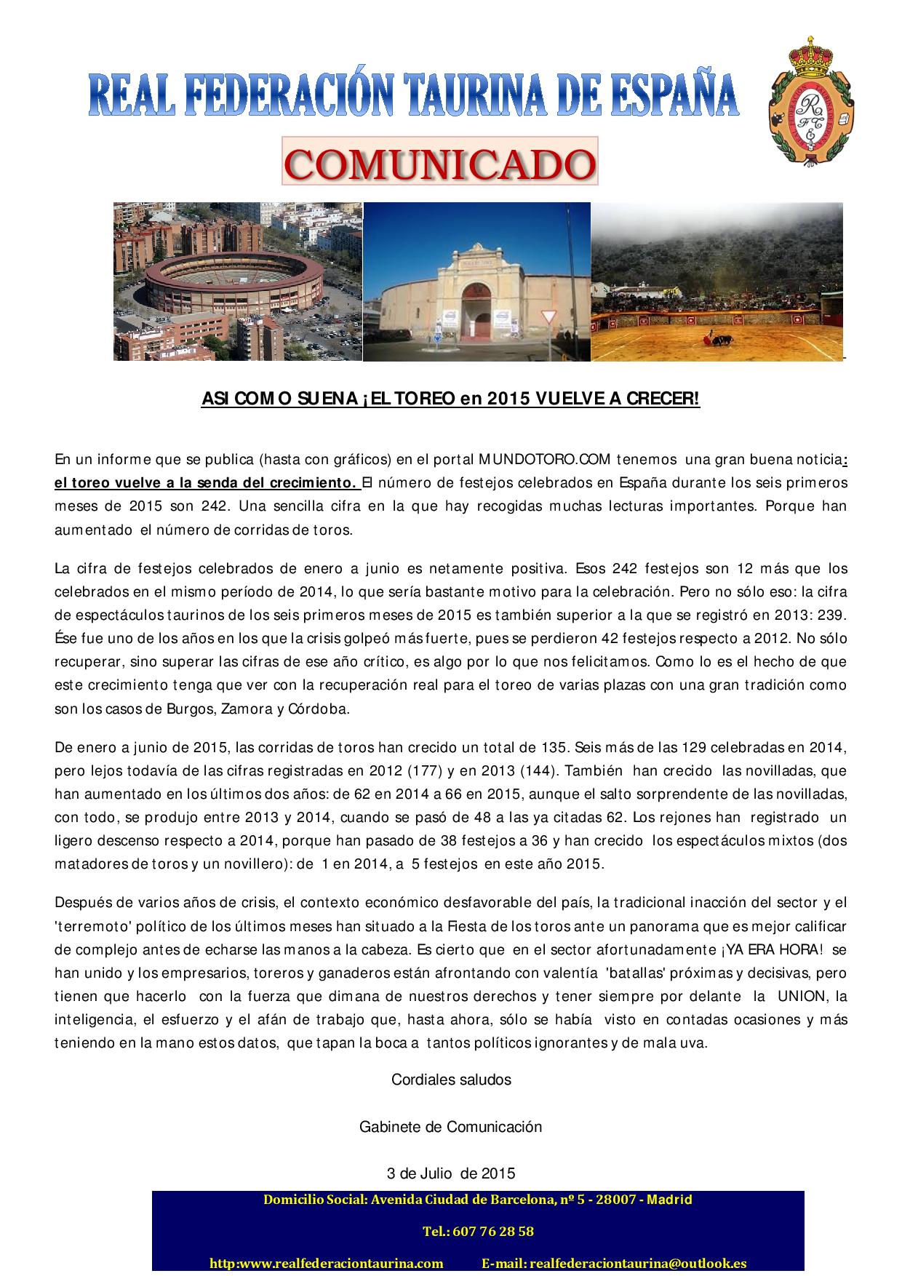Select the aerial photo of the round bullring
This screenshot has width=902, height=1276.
click(237, 281)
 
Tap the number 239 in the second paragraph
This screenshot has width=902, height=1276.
click(831, 615)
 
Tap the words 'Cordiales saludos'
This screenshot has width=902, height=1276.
click(451, 1080)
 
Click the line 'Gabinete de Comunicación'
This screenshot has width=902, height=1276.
click(451, 1127)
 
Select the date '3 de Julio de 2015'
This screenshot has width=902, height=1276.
click(451, 1173)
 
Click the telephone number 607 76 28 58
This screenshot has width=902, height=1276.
click(478, 1232)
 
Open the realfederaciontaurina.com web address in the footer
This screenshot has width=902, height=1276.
click(327, 1264)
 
